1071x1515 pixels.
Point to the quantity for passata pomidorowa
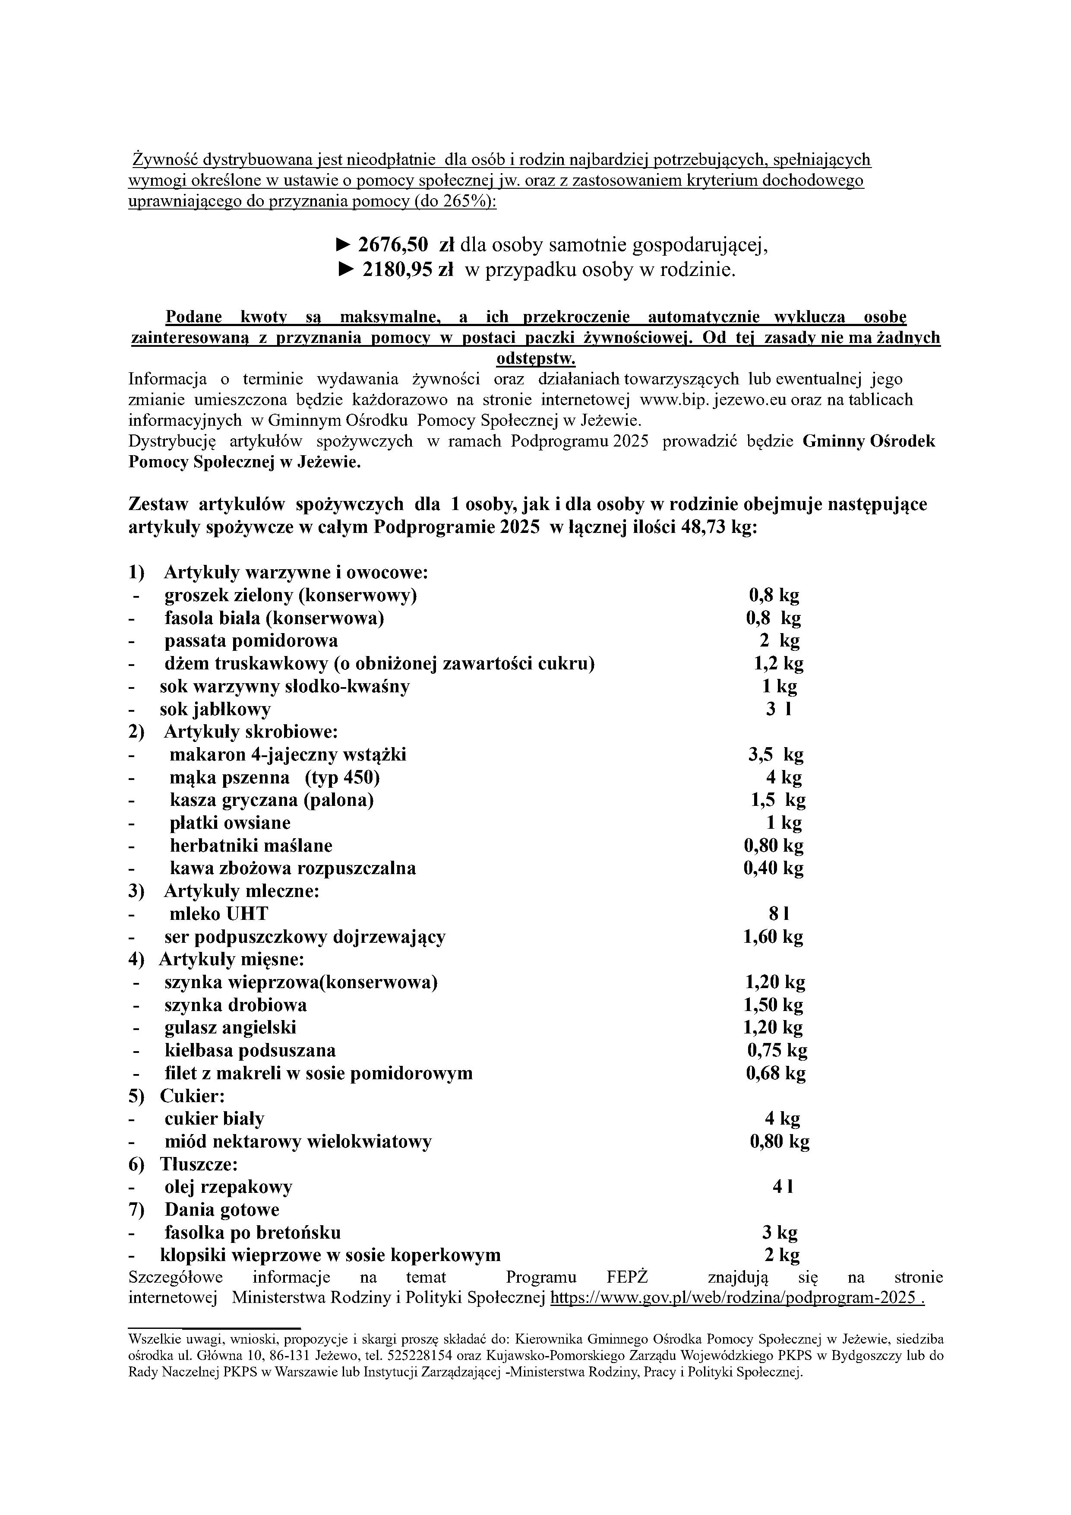[780, 641]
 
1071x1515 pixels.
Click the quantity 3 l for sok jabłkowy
[778, 709]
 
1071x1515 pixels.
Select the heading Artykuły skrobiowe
[251, 732]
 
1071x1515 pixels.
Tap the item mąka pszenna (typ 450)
[275, 777]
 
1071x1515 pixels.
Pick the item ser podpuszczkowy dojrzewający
[305, 937]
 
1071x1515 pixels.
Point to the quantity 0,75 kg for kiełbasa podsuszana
[777, 1050]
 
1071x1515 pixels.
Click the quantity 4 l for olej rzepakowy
[782, 1187]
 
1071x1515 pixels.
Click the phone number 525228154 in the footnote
[623, 1357]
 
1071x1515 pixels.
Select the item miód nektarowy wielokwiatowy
[298, 1141]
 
